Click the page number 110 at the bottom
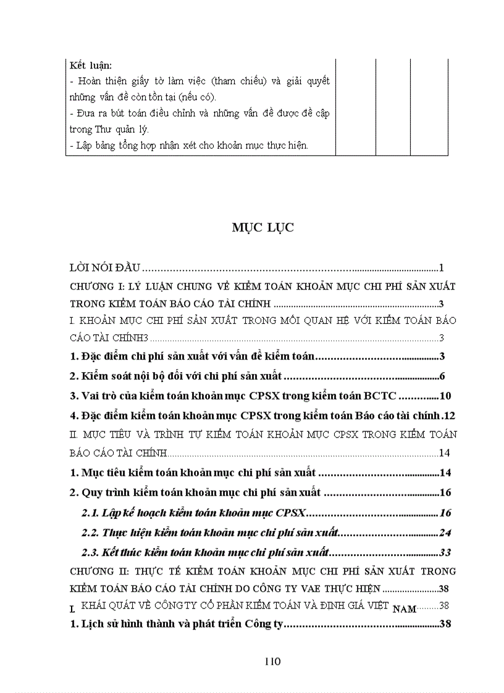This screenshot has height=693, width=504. pos(272,662)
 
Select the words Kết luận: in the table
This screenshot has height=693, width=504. pos(86,65)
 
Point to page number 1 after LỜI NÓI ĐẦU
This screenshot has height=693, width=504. pos(442,268)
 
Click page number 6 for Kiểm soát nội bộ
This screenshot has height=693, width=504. pos(443,376)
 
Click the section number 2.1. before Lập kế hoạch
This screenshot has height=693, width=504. pos(92,512)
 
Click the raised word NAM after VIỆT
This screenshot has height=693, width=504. pos(405,609)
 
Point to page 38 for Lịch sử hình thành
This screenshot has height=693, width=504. pos(446,624)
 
